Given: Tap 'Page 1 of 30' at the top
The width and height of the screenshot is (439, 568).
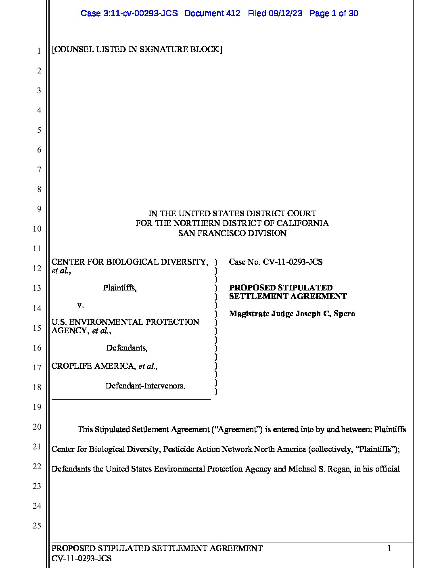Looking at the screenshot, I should pyautogui.click(x=334, y=13).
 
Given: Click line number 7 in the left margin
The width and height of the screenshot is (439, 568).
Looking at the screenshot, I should pyautogui.click(x=39, y=169).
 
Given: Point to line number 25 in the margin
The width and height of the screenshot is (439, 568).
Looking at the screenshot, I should pyautogui.click(x=37, y=526).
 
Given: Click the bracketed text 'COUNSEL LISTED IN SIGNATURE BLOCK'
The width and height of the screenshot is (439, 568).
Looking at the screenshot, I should pyautogui.click(x=137, y=49).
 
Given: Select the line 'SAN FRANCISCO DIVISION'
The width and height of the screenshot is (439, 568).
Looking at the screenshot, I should pyautogui.click(x=232, y=233).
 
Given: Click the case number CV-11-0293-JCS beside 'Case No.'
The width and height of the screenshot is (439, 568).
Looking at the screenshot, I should pyautogui.click(x=293, y=262).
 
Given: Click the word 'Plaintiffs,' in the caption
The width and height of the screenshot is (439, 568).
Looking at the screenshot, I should pyautogui.click(x=119, y=288).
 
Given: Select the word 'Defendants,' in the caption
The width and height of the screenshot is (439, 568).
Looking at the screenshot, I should pyautogui.click(x=127, y=347).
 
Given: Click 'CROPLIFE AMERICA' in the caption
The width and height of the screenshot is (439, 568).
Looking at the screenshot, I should pyautogui.click(x=93, y=366).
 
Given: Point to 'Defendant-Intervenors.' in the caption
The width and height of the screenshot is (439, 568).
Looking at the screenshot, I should pyautogui.click(x=145, y=386).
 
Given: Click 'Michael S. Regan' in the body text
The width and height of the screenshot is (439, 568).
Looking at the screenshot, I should pyautogui.click(x=319, y=469).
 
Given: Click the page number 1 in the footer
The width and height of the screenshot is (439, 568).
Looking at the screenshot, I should pyautogui.click(x=389, y=548).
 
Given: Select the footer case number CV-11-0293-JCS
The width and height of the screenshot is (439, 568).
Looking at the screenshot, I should pyautogui.click(x=82, y=558).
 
